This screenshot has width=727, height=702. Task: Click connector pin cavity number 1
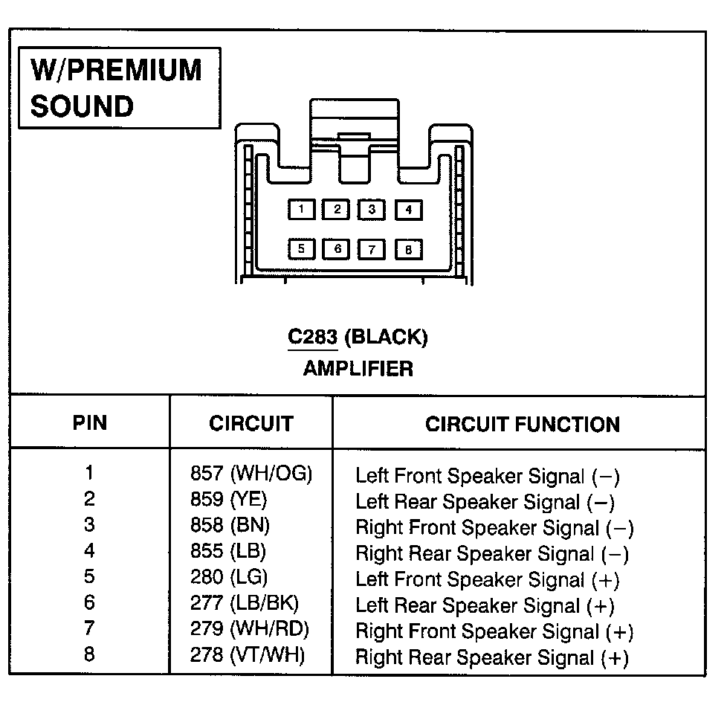coord(301,210)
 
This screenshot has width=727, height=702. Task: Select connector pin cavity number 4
coord(408,210)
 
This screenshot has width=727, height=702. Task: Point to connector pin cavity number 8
coord(408,249)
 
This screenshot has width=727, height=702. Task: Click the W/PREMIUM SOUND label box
coord(119,88)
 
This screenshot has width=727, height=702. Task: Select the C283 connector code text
coord(313,338)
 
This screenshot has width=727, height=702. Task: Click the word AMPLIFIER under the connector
coord(358,368)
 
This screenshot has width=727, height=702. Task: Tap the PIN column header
coord(89,423)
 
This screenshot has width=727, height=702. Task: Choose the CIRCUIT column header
coord(251,424)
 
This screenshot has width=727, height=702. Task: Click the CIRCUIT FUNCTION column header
coord(522,425)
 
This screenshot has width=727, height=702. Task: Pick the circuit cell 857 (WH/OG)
coord(251,474)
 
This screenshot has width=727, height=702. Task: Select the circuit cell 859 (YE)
coord(228,499)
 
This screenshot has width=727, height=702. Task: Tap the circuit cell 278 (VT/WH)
coord(248,655)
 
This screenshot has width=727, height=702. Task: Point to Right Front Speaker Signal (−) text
coord(494,528)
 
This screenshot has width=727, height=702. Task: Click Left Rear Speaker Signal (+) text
coord(485,606)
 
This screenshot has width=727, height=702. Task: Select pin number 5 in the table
coord(89,577)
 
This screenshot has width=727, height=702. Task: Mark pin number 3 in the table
coord(89,525)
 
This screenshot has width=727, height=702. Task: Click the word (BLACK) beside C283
coord(388,338)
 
